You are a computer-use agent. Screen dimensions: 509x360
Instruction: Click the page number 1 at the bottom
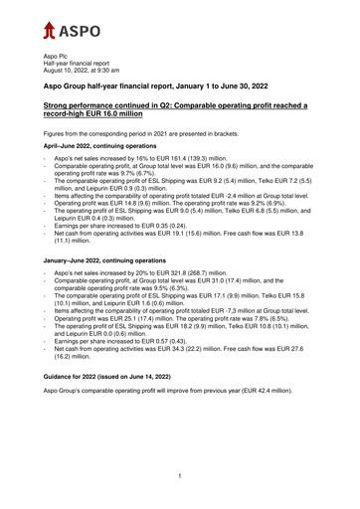click(x=180, y=476)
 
